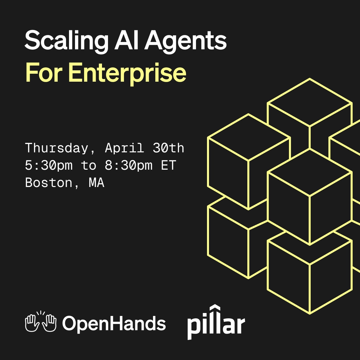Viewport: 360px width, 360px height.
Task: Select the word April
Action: pos(124,148)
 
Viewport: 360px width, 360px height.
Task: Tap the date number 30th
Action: pos(168,148)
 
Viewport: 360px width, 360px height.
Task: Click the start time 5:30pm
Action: pos(49,165)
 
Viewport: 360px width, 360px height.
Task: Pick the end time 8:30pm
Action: pos(129,165)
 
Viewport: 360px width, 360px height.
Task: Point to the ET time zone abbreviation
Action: pos(168,165)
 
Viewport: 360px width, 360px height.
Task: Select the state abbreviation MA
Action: pos(97,183)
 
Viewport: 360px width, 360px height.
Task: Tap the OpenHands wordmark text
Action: pos(114,323)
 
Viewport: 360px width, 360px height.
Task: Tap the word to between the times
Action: pos(89,165)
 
